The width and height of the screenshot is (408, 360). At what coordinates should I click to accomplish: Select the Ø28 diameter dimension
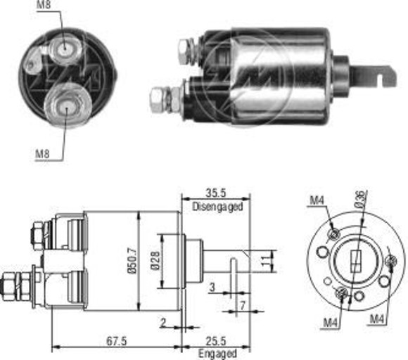click(162, 260)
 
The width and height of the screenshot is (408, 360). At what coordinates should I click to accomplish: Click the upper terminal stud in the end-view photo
click(64, 47)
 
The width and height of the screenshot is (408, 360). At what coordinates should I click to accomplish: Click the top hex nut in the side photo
click(184, 49)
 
